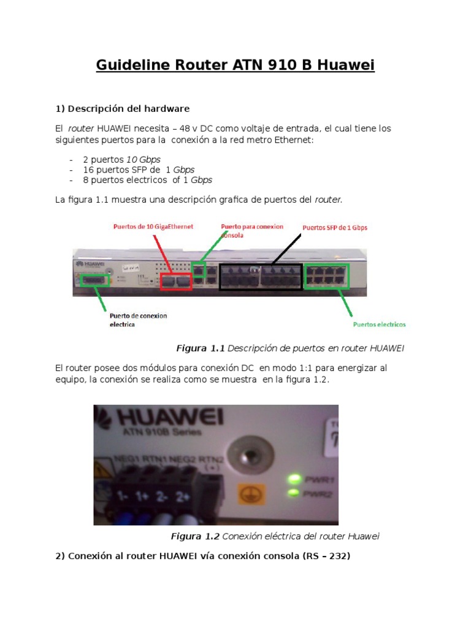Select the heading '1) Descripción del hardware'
(123, 109)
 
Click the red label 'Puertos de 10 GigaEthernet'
(153, 227)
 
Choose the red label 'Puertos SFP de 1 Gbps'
(335, 227)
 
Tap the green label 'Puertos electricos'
(379, 324)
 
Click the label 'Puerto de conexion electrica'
(139, 319)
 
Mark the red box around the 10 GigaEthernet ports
(176, 281)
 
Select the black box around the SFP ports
(261, 277)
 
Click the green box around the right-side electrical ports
(327, 275)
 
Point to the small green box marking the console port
(198, 269)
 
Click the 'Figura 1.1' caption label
(201, 348)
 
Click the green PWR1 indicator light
(296, 479)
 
